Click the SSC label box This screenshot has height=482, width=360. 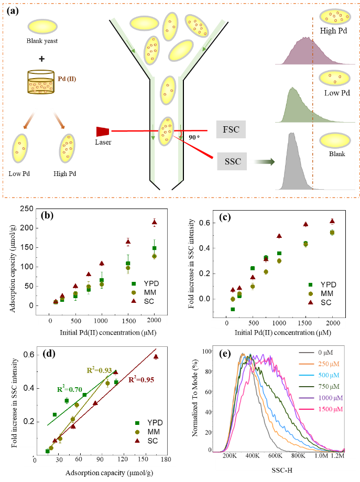[x=232, y=162]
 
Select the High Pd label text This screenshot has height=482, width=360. [x=335, y=31]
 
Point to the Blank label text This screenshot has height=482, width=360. [x=337, y=155]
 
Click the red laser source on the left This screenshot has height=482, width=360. [x=102, y=132]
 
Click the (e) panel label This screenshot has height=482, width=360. [x=224, y=353]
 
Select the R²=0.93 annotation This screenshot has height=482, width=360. [x=99, y=371]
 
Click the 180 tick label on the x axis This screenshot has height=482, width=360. [x=166, y=459]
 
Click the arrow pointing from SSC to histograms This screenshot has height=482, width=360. [x=260, y=162]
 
